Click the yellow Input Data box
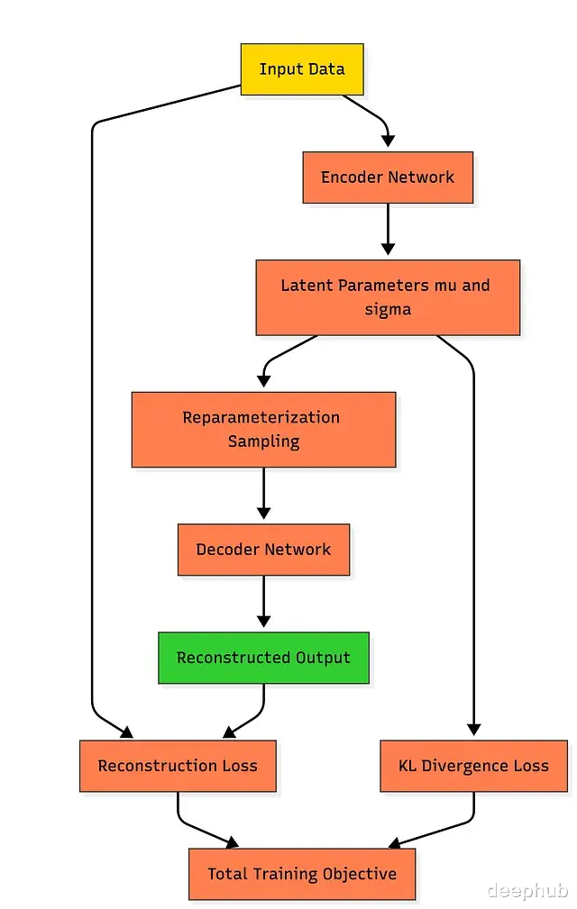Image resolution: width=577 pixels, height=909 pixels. tap(301, 69)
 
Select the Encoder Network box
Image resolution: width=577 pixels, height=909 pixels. tap(388, 177)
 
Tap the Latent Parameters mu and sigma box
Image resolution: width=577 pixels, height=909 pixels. tap(388, 297)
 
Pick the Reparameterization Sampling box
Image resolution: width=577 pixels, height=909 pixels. tap(263, 430)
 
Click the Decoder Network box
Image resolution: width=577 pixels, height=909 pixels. tap(263, 550)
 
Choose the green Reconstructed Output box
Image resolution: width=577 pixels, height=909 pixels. tap(263, 658)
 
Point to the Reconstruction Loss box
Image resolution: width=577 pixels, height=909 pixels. tap(178, 766)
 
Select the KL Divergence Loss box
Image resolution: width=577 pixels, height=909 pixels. tap(473, 766)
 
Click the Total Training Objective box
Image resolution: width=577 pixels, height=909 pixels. tap(302, 874)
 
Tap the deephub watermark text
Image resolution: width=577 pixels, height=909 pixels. tap(527, 891)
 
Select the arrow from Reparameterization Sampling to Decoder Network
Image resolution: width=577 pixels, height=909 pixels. tap(263, 494)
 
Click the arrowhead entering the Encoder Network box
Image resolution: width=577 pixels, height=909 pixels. tap(388, 141)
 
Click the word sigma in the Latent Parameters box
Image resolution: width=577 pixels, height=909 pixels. tap(388, 309)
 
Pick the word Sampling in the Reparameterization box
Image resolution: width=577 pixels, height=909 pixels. tap(263, 441)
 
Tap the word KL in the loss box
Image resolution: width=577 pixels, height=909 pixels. tap(408, 766)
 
